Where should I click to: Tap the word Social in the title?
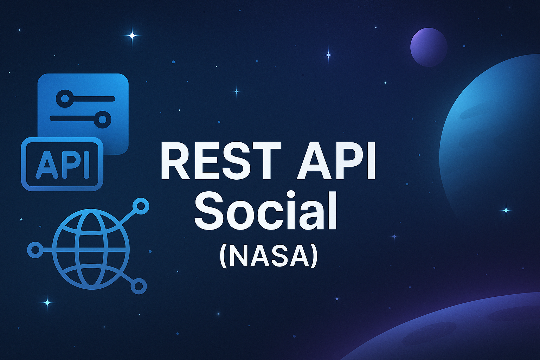point(265,211)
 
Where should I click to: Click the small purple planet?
point(429,47)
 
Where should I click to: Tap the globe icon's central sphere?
point(91,249)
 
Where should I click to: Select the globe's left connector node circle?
point(35,250)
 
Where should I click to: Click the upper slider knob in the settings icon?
point(65,98)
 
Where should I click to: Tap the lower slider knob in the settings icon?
point(102,120)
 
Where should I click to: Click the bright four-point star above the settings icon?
point(132,35)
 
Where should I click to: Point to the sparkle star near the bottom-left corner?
point(47,302)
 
